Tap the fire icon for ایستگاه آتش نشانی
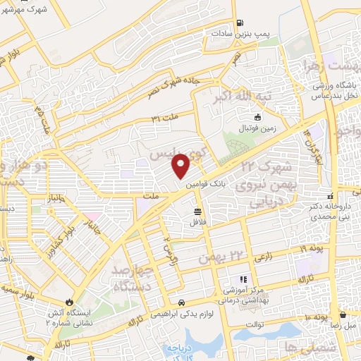tap(69, 297)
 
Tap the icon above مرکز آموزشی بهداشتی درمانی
tap(245, 280)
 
